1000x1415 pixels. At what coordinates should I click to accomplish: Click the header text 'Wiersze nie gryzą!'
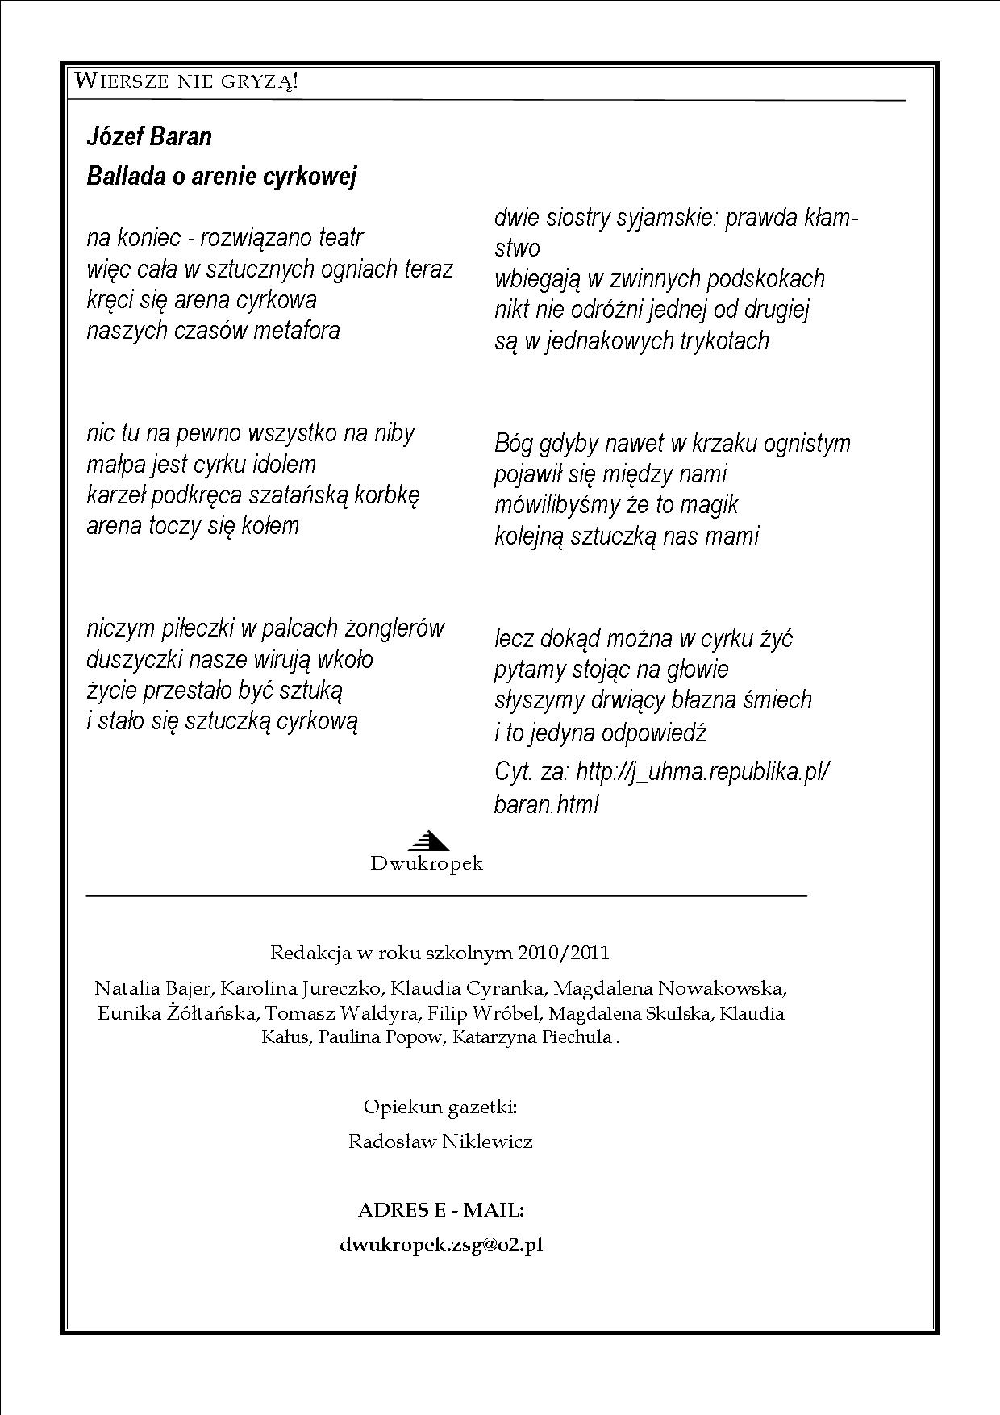186,81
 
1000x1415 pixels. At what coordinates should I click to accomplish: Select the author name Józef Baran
149,136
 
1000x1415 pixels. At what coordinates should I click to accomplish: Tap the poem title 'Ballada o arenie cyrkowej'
221,176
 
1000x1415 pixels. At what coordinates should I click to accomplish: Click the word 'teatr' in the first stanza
341,238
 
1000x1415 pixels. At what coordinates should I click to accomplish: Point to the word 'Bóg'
513,444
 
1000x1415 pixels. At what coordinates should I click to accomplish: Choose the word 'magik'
709,505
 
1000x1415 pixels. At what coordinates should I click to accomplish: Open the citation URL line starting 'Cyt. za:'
661,772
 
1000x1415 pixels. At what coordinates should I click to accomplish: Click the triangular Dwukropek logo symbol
427,841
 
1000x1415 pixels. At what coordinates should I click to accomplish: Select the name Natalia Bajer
153,988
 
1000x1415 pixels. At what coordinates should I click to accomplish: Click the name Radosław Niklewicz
440,1142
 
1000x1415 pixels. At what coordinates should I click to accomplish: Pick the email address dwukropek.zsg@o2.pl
441,1245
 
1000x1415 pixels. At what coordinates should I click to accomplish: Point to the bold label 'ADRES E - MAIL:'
441,1210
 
